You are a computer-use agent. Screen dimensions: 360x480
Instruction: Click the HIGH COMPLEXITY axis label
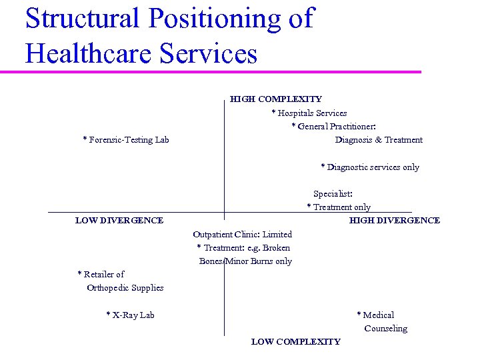(275, 99)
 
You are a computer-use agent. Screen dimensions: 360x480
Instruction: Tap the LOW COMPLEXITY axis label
(295, 342)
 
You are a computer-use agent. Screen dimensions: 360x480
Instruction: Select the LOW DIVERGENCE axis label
(119, 221)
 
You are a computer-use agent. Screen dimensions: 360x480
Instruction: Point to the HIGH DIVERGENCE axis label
(395, 221)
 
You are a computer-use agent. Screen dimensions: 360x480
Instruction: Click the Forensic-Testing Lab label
(126, 140)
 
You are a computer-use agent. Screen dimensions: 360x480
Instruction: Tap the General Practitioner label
(334, 127)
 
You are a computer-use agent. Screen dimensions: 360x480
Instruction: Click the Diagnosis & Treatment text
(379, 140)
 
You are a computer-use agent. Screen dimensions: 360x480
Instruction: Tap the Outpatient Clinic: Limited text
(242, 235)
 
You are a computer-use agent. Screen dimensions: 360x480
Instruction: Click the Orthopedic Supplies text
(125, 288)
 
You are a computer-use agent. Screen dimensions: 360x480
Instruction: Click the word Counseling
(385, 329)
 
